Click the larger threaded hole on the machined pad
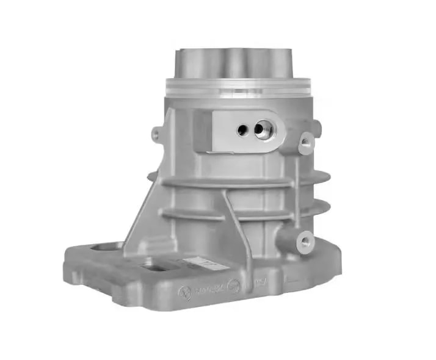pyautogui.click(x=264, y=130)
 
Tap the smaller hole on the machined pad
pyautogui.click(x=242, y=129)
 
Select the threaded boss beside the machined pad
pyautogui.click(x=305, y=143)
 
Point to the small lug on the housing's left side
pyautogui.click(x=157, y=133)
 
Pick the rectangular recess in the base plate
pyautogui.click(x=156, y=265)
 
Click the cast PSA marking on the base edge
pyautogui.click(x=259, y=283)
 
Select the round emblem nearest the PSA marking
pyautogui.click(x=234, y=286)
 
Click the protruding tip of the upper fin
pyautogui.click(x=324, y=178)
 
